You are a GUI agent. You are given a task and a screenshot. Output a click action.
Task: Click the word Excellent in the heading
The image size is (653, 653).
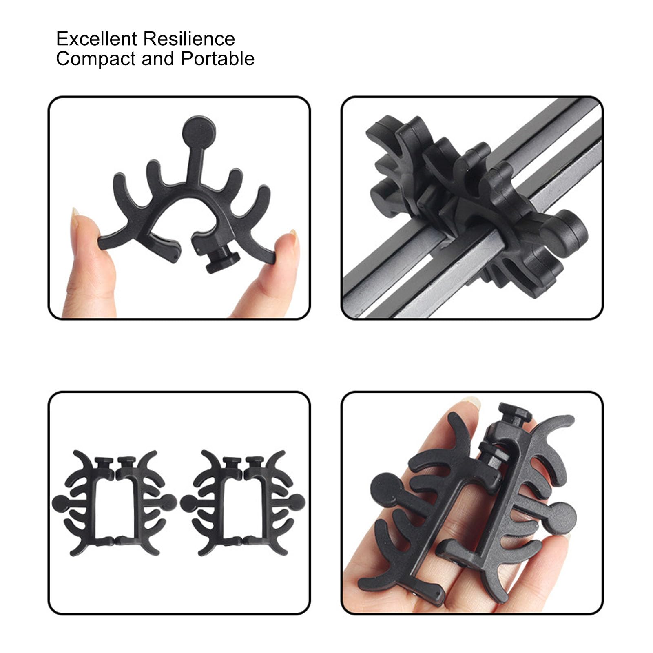(96, 39)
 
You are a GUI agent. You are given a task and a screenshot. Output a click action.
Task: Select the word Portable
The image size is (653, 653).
(217, 59)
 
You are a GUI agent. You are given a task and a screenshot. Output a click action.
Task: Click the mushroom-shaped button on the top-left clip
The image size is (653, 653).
(221, 261)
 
